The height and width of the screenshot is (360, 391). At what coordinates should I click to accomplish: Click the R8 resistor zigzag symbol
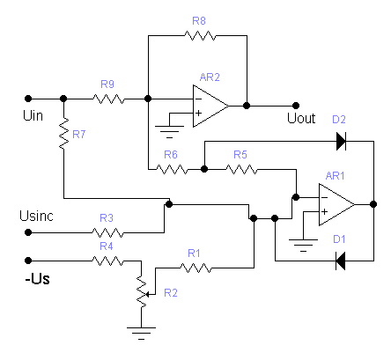[200, 36]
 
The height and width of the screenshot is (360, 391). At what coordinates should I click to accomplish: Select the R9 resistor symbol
[108, 99]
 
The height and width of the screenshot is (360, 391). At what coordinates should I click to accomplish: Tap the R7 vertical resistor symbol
[63, 133]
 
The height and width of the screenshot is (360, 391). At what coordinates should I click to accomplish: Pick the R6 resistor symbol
[172, 169]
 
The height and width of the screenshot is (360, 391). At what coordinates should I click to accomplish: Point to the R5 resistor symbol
[241, 169]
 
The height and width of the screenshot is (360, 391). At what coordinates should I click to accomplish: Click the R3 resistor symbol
[107, 232]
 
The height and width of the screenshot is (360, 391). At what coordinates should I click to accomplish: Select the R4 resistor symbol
[107, 261]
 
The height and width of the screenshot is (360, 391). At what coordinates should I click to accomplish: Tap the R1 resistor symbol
[195, 268]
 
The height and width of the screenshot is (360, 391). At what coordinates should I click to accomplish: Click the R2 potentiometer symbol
[142, 293]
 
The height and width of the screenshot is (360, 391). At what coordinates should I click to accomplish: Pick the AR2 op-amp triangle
[210, 106]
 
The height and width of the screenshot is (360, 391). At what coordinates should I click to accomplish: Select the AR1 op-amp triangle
[336, 204]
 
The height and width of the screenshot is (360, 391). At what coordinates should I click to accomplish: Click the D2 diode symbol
[341, 141]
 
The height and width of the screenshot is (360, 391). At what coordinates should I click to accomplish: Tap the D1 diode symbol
[341, 261]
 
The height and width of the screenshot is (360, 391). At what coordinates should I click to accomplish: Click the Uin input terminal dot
[28, 99]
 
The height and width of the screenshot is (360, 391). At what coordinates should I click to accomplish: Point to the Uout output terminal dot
[296, 106]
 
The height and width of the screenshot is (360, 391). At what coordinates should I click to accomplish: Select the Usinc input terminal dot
[28, 232]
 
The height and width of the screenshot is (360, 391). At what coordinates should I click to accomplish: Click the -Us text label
[37, 279]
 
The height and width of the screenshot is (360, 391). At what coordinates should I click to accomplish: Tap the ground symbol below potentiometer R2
[141, 334]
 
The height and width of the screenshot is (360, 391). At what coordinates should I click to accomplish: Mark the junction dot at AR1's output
[373, 204]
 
